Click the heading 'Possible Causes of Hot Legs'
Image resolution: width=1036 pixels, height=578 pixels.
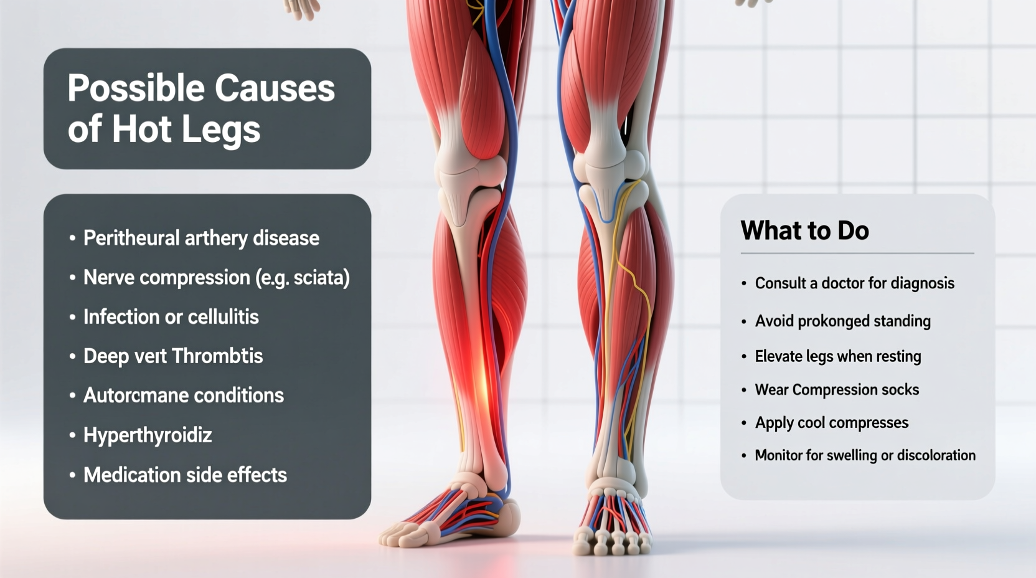(200, 108)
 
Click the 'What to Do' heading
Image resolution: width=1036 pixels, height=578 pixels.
(804, 230)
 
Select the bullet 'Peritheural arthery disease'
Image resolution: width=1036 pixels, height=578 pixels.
(201, 238)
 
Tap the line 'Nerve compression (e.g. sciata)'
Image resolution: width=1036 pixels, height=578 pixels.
(216, 277)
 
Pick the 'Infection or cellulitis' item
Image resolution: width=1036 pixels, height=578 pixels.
(171, 316)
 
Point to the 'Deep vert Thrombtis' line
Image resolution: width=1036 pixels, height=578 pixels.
(173, 356)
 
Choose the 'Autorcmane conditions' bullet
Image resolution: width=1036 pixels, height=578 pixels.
(183, 395)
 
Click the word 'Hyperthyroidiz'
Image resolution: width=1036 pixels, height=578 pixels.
(148, 435)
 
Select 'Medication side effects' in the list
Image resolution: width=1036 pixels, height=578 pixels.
(185, 475)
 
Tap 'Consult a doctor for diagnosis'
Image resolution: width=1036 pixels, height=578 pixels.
(854, 283)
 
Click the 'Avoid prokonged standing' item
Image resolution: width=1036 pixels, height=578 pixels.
(842, 321)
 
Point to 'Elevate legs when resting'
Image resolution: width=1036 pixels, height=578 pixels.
(837, 356)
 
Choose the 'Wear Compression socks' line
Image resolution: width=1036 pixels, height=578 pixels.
(837, 389)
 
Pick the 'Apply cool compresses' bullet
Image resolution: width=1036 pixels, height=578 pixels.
(831, 422)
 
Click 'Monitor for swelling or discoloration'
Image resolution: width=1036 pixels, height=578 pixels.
(865, 455)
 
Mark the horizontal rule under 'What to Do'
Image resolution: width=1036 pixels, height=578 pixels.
(857, 253)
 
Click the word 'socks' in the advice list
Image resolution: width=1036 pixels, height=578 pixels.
(900, 389)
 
